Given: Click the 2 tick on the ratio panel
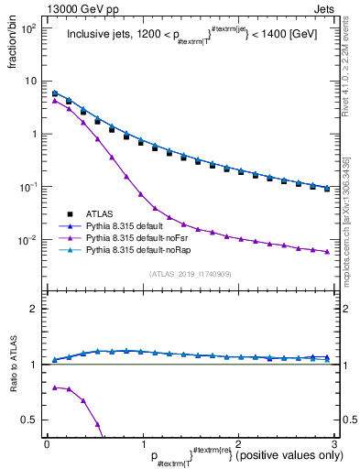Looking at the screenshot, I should pyautogui.click(x=34, y=309).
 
